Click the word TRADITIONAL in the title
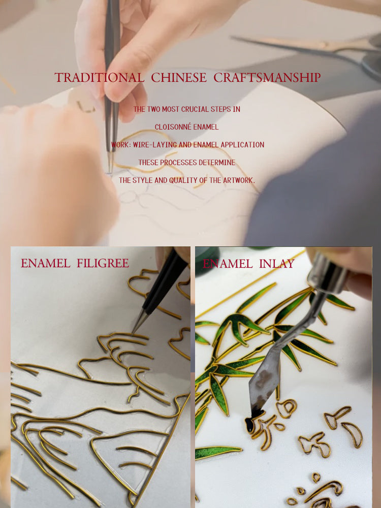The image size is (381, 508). coord(100,78)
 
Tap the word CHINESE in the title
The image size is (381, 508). coord(178,78)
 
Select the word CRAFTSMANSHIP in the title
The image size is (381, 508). coord(267,78)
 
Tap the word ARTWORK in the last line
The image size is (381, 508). coord(238,180)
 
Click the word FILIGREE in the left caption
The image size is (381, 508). coord(103,263)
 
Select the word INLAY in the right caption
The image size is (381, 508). coord(277,264)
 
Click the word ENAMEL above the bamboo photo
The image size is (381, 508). coord(228,264)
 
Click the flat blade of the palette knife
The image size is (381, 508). coord(264,379)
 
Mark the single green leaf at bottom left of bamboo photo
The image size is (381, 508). coord(218,452)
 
